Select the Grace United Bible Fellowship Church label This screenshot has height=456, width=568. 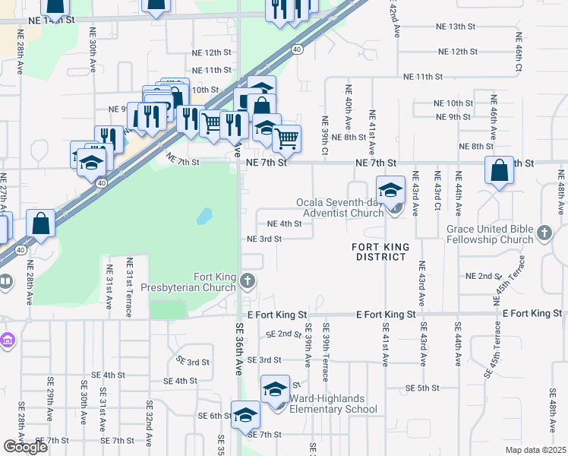click(490, 234)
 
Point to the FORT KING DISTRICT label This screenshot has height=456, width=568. click(380, 252)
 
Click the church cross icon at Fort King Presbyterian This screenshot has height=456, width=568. click(247, 283)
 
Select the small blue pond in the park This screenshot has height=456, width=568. click(204, 217)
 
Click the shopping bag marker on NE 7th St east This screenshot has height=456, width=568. click(500, 172)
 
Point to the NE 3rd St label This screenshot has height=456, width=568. click(264, 239)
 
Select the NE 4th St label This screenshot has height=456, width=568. click(286, 223)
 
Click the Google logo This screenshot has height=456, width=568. click(25, 447)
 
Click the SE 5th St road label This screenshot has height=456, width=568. click(423, 388)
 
